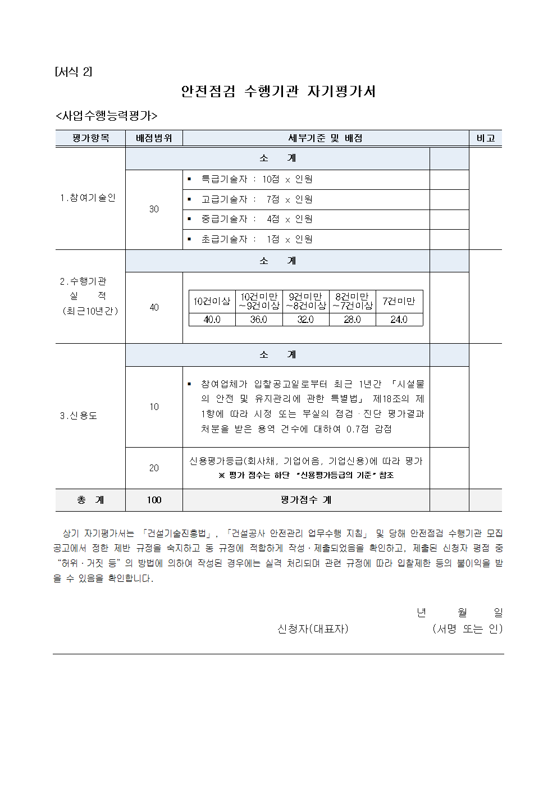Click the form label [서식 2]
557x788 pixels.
pos(74,72)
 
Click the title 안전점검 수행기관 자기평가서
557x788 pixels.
pos(278,92)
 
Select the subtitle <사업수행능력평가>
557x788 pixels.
pos(106,116)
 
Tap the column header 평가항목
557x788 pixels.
pos(90,138)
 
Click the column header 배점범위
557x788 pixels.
pos(154,138)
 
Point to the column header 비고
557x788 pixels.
pos(485,138)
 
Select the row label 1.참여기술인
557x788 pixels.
pos(88,198)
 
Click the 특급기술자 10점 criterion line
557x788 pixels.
pos(257,179)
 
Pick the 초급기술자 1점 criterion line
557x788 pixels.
pos(257,239)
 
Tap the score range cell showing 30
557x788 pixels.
pos(154,209)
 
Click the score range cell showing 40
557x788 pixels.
pos(154,307)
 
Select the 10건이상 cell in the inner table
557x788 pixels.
pos(212,301)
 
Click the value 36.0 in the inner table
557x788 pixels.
pos(258,320)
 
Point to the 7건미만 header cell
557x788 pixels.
pos(399,301)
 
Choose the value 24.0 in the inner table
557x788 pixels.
pos(399,320)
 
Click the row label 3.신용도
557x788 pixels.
pos(79,416)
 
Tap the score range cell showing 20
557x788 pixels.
pos(154,468)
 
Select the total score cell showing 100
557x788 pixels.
pos(154,500)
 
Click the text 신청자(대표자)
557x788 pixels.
pos(313,629)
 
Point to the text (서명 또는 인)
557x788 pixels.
pos(467,629)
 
